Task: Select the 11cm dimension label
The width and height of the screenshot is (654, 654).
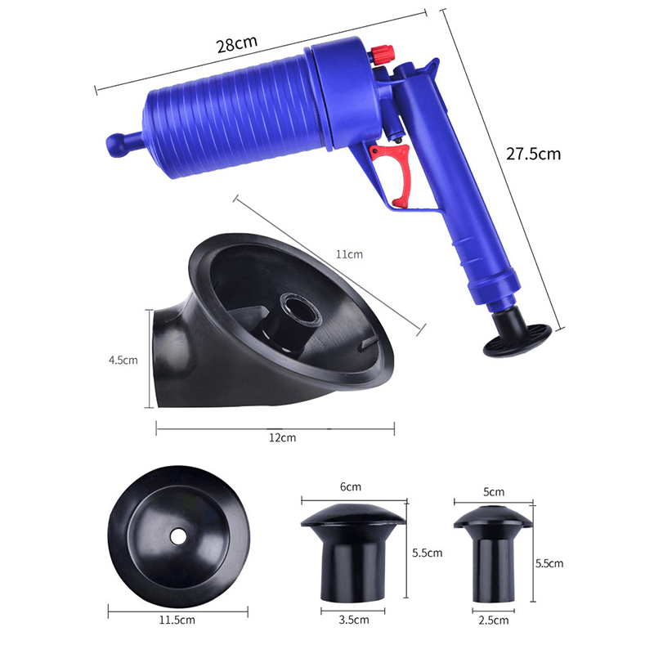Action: point(350,255)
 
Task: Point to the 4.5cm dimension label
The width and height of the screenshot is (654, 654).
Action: point(123,359)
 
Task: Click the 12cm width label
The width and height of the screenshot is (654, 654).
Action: point(283,438)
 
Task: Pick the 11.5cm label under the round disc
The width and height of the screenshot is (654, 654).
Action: point(175,620)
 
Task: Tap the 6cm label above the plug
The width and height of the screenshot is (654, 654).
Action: point(351,487)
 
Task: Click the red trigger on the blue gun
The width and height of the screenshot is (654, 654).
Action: point(394,174)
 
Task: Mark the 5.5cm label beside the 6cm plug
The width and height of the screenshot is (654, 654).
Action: point(428,553)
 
